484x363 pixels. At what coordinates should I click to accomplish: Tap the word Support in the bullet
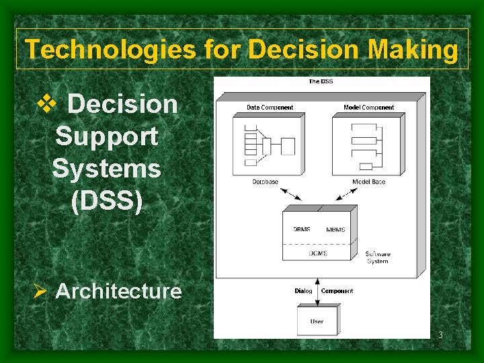(107, 136)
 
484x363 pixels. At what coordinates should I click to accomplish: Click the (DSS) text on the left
(107, 201)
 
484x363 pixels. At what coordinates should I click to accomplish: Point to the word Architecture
(118, 291)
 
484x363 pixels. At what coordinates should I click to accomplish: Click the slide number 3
(441, 335)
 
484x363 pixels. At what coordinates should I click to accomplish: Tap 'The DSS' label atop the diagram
(321, 81)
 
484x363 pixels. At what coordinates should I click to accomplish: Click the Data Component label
(270, 108)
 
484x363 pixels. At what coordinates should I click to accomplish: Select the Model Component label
(368, 108)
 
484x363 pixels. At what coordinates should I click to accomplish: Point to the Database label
(265, 182)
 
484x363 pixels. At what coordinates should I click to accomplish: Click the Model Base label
(368, 182)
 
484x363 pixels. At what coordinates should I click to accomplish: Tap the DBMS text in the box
(302, 229)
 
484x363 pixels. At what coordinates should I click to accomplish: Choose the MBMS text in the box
(335, 229)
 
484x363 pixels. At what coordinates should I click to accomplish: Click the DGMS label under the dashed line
(318, 253)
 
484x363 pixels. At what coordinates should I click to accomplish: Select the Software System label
(377, 257)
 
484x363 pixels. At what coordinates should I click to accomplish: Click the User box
(317, 321)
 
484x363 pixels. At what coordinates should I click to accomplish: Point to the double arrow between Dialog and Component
(317, 290)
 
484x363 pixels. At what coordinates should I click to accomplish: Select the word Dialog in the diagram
(303, 291)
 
